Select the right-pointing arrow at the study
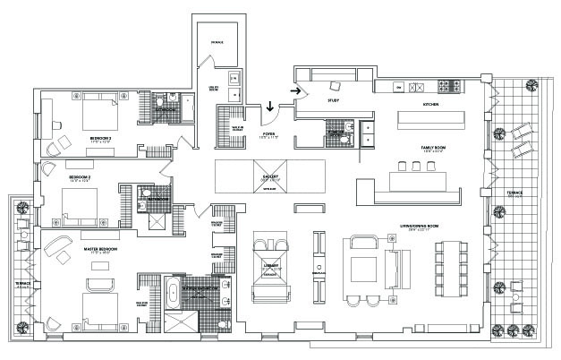295,89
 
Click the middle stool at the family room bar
415,167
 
